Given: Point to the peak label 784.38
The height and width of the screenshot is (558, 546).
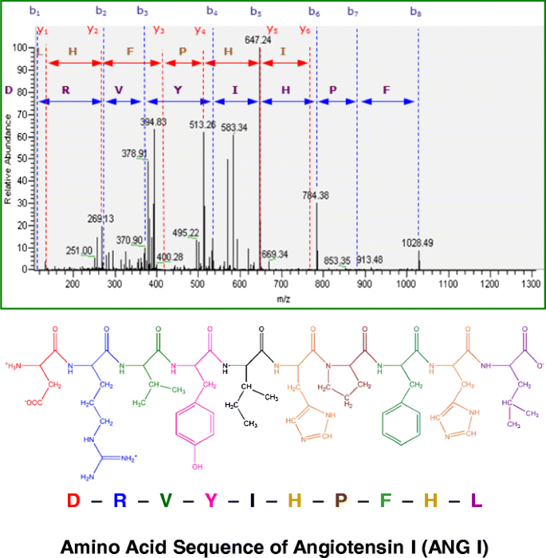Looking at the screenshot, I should click(x=316, y=195).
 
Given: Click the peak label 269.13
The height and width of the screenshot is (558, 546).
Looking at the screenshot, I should click(x=100, y=218).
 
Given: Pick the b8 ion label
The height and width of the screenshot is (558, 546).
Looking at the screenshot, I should click(x=416, y=12).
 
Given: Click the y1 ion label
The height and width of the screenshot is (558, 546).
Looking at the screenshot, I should click(x=42, y=30).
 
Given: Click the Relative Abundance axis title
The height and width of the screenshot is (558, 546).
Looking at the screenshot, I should click(x=8, y=159).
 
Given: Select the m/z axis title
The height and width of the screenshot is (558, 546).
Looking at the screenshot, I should click(x=283, y=297).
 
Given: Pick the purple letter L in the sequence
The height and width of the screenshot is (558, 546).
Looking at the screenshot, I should click(x=477, y=501).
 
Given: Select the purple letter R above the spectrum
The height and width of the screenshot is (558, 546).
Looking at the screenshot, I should click(x=65, y=89).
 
